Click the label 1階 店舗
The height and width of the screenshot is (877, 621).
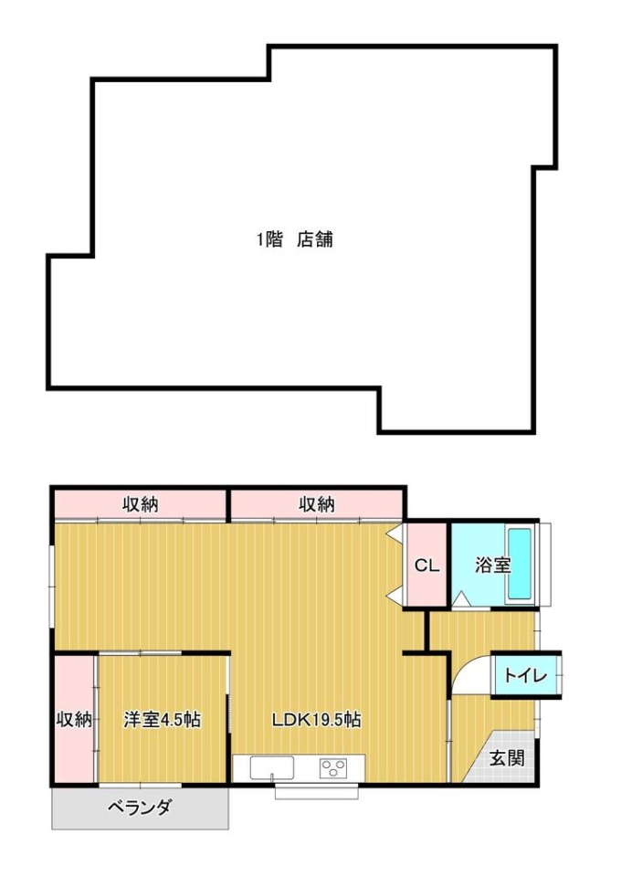pos(295,239)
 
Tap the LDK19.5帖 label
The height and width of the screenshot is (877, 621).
pos(316,719)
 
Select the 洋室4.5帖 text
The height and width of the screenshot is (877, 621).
pos(162,719)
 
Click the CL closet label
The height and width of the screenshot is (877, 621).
pos(426,565)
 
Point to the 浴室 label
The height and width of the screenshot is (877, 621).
pos(493,565)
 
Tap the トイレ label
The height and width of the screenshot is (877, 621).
pos(525,676)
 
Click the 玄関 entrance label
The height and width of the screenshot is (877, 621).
pos(508,758)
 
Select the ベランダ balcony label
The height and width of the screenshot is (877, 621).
pos(140,808)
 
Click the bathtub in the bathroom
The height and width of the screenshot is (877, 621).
pos(520,564)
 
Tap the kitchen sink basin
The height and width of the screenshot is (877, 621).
pos(271,766)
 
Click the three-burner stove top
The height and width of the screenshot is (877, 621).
pos(333,767)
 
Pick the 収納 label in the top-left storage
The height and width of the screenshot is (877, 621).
pos(141,504)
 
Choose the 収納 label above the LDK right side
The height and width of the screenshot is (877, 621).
pos(317,504)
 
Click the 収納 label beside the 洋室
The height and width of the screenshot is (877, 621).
pos(74,719)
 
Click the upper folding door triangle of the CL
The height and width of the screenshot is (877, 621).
pos(395,532)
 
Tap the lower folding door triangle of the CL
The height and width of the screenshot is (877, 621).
pos(395,597)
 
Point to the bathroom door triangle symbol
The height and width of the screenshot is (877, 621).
pos(461,599)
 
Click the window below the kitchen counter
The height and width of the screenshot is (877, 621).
pos(316,793)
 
